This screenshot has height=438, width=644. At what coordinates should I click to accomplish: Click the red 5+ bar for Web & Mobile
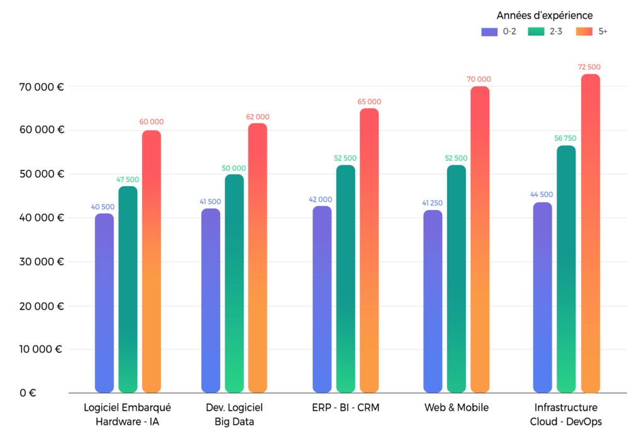[480, 239]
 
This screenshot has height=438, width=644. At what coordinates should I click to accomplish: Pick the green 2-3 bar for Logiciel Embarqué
[128, 289]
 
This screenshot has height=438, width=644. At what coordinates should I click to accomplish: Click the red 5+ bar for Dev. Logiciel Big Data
[257, 258]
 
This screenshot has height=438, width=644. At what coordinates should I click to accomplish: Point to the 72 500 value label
[589, 67]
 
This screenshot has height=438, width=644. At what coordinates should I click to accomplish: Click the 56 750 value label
[565, 138]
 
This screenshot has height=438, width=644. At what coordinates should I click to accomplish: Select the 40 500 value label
[104, 206]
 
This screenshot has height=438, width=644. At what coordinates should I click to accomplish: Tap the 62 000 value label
[258, 117]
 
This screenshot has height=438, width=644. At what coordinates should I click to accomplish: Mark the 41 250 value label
[433, 203]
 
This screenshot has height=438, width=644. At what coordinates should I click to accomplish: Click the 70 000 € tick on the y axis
[41, 87]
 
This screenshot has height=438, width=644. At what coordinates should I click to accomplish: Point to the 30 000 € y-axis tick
[41, 262]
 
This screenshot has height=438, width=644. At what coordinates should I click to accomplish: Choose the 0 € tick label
[28, 393]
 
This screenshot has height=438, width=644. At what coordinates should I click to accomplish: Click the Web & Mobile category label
[457, 408]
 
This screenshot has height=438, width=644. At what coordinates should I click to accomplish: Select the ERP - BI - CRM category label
[346, 408]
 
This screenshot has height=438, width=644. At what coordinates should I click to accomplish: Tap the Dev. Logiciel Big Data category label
[234, 415]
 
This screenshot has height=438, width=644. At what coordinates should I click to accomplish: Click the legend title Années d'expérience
[545, 15]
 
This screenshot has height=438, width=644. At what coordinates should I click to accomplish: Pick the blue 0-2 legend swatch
[489, 31]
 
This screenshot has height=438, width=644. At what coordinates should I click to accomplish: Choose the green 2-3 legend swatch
[536, 31]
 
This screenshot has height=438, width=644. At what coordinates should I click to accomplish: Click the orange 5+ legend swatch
[585, 31]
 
